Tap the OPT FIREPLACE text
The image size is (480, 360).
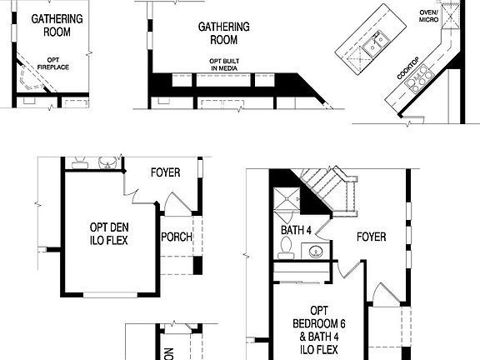57,65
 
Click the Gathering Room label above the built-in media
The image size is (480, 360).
217,33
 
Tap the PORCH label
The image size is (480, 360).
177,237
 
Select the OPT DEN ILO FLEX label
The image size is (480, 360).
109,233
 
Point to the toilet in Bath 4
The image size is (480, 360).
287,247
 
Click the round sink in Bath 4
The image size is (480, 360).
316,251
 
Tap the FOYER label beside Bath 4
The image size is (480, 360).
371,237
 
